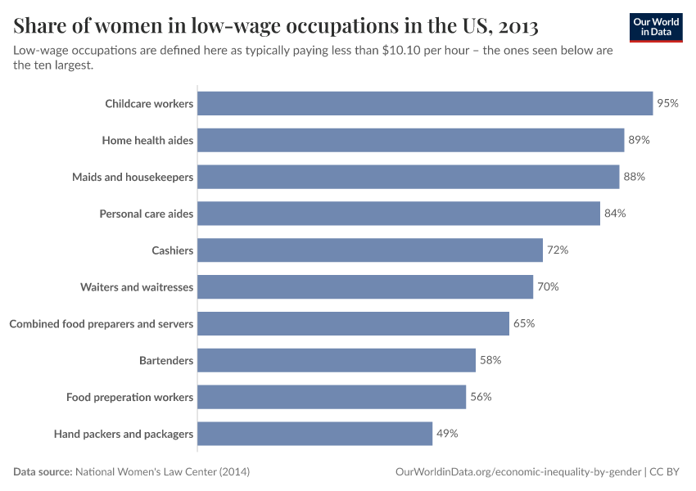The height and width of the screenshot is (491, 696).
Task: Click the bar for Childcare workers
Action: [425, 103]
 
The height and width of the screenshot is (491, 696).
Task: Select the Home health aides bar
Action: [411, 140]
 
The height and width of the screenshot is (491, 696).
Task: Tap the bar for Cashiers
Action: [370, 250]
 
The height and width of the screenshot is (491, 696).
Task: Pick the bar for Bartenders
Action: [337, 360]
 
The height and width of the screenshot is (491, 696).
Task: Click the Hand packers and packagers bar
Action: [315, 434]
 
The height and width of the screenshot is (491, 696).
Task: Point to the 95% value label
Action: [667, 103]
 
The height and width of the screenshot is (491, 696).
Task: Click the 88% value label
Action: [635, 177]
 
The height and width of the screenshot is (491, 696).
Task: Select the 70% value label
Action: [548, 287]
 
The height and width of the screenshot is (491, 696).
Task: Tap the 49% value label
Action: [447, 434]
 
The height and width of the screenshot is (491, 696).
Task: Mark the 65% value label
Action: [524, 323]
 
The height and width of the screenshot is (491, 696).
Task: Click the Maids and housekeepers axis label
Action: [133, 177]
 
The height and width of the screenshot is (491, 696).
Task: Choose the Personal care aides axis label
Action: [147, 214]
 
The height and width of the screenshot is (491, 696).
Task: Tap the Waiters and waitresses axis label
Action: [137, 287]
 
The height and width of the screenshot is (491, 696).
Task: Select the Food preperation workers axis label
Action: [130, 397]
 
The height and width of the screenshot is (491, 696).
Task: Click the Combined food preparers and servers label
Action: [102, 324]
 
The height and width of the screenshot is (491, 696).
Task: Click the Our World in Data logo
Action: [655, 27]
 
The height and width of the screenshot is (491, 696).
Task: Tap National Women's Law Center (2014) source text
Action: [162, 472]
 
